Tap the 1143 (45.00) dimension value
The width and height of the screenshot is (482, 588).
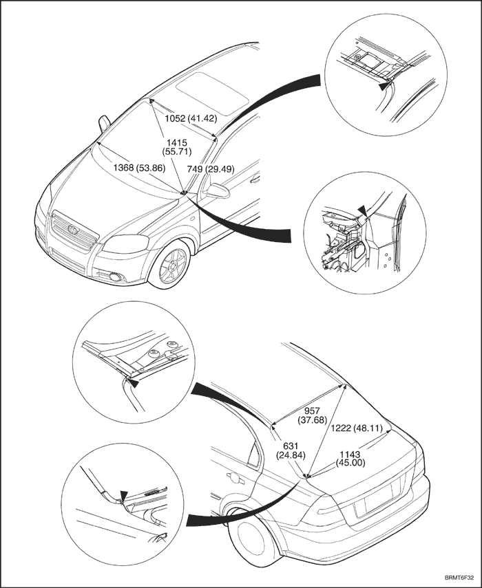[351, 458]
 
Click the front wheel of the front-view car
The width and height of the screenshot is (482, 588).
[172, 265]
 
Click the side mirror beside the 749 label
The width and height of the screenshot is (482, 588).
[216, 190]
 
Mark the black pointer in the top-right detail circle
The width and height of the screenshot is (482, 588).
[382, 87]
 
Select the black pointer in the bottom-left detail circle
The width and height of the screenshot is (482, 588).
[124, 496]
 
